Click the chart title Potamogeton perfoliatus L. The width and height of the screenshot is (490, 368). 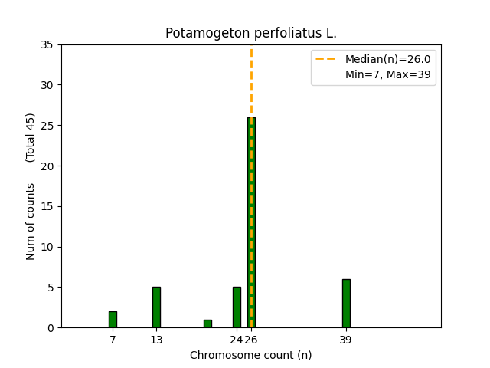tap(251, 34)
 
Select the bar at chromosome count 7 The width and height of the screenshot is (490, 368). tap(113, 320)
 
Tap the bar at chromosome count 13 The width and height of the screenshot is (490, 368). tap(156, 307)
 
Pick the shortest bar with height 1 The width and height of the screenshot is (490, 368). tap(207, 324)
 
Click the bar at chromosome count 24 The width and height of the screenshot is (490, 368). tap(237, 307)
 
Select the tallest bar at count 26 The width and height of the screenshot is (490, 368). tap(251, 222)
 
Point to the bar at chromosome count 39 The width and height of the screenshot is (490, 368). tap(346, 304)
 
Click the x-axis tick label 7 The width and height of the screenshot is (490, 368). tap(113, 340)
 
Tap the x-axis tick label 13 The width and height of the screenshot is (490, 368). tap(156, 340)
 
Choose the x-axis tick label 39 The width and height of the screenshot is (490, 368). tap(346, 340)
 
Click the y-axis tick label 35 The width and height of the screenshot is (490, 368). tap(47, 44)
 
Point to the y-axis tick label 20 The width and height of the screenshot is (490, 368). tap(47, 166)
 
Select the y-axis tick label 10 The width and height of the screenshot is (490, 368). tap(47, 247)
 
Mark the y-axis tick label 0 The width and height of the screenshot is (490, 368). tap(50, 328)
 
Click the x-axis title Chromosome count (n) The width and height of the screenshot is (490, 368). tap(251, 355)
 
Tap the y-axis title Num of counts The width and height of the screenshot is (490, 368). tap(31, 222)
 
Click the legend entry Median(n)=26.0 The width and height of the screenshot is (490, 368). tap(387, 59)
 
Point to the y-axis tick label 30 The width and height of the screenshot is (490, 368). tap(47, 85)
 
